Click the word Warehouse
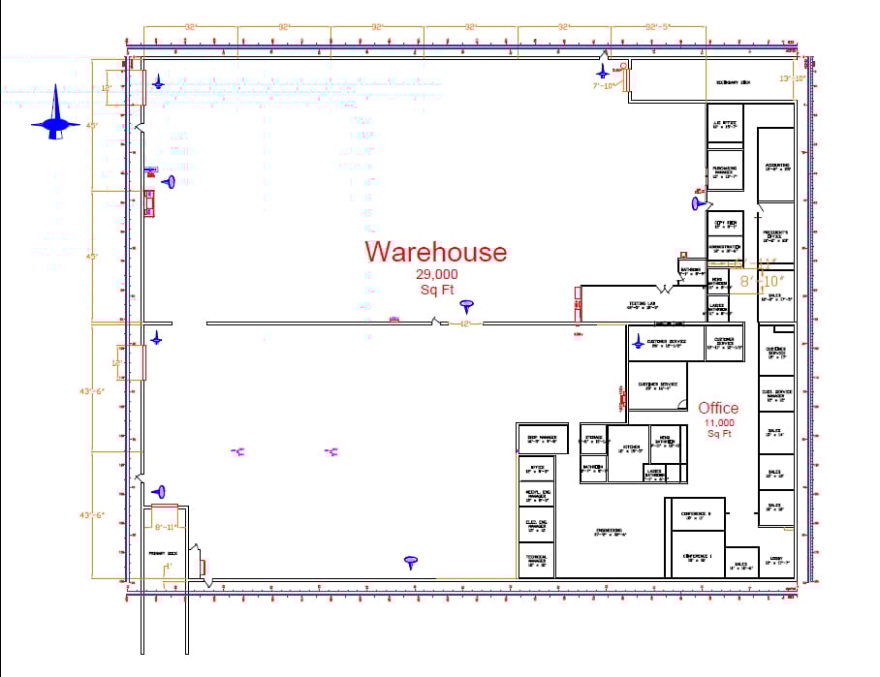pos(435,252)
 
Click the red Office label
pos(718,408)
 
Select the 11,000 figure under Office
pos(718,423)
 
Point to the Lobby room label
pos(775,560)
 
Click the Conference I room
pos(698,557)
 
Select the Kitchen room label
pos(630,448)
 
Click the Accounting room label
pos(776,167)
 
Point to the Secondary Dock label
pos(733,83)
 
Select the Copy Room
pos(725,224)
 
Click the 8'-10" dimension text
pos(759,281)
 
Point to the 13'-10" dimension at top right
pos(793,77)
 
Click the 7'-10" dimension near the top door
pos(604,85)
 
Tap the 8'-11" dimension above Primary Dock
pos(167,526)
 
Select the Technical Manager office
pos(537,561)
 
